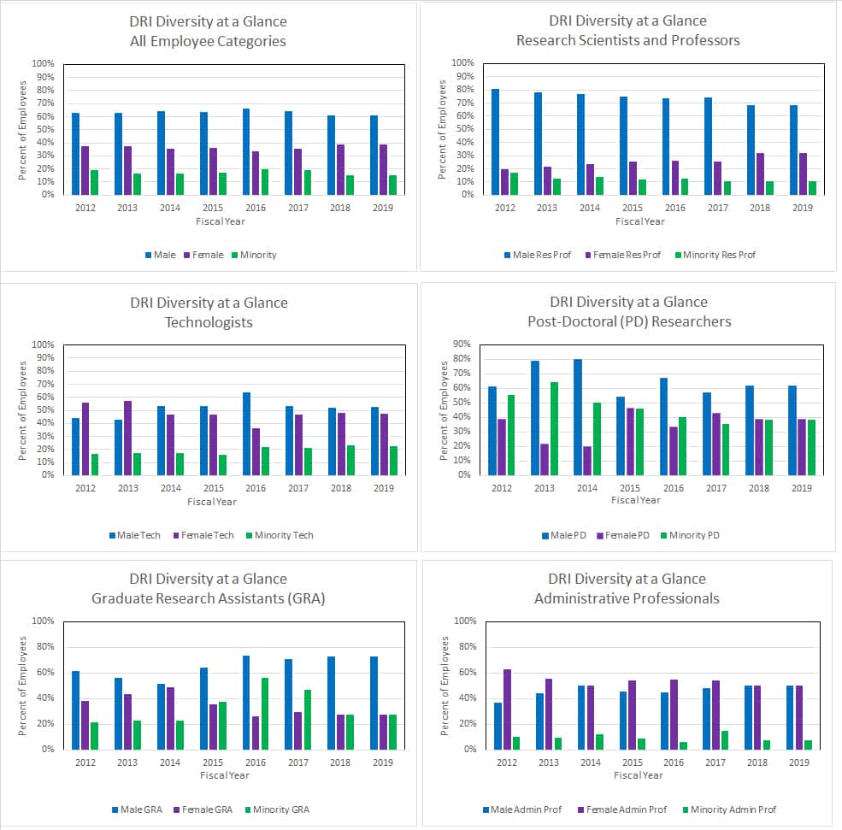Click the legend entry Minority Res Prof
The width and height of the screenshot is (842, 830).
click(x=715, y=255)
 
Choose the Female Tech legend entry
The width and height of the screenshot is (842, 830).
click(x=205, y=535)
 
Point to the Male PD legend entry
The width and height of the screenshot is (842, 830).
click(x=567, y=535)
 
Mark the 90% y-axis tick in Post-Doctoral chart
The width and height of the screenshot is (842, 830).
click(x=462, y=344)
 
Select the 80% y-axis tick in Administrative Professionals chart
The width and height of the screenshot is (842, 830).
click(x=465, y=647)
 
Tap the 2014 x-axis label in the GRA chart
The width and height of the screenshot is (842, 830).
click(x=170, y=762)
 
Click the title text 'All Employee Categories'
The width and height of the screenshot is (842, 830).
click(x=209, y=41)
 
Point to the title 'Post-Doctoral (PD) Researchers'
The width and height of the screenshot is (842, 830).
click(x=628, y=321)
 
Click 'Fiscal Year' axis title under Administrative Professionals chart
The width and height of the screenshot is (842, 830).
click(x=638, y=775)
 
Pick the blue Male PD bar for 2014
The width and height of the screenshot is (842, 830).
click(x=579, y=416)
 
